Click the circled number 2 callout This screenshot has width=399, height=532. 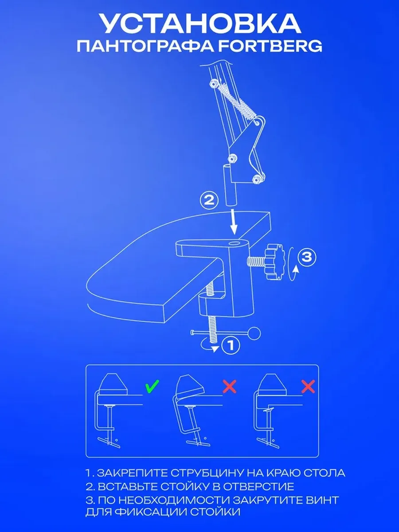[209, 200]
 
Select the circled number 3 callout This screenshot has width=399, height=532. [307, 257]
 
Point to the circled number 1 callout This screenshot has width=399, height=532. [231, 345]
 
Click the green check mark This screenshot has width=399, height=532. [153, 386]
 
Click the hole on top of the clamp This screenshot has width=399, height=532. [235, 243]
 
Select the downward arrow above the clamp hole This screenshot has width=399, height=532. [234, 222]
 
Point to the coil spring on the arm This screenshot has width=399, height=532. [238, 102]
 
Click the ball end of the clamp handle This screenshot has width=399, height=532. [254, 333]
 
